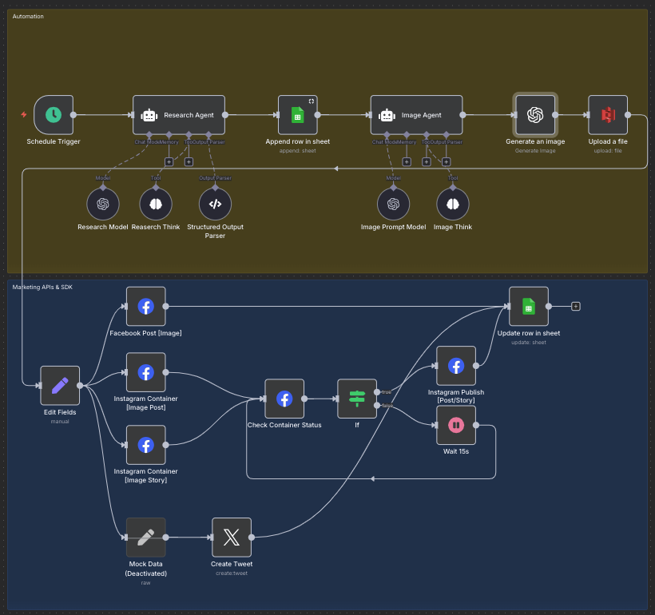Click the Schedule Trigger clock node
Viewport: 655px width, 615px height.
(54, 115)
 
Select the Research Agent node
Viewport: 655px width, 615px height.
(179, 115)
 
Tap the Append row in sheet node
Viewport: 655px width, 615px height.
(297, 115)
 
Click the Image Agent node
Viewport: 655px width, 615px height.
(416, 115)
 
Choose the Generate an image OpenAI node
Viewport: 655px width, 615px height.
(535, 115)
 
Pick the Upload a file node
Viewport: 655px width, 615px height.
(607, 115)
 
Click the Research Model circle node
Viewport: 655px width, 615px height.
(102, 204)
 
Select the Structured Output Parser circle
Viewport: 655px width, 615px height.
(215, 204)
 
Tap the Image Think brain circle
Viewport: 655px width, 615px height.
(453, 204)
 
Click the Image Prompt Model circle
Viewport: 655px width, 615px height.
(393, 204)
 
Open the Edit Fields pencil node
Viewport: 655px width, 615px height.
(60, 386)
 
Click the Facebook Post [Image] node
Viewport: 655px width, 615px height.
(145, 307)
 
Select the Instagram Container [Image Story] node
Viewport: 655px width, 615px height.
(145, 445)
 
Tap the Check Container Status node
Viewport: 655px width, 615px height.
(284, 399)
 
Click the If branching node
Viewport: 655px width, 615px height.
(357, 399)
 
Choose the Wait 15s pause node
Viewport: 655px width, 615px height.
(456, 425)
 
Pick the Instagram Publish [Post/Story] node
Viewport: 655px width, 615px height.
(456, 366)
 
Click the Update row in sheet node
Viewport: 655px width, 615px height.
(528, 307)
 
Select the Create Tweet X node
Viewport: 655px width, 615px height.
(232, 538)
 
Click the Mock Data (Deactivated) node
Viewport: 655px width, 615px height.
(145, 538)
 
